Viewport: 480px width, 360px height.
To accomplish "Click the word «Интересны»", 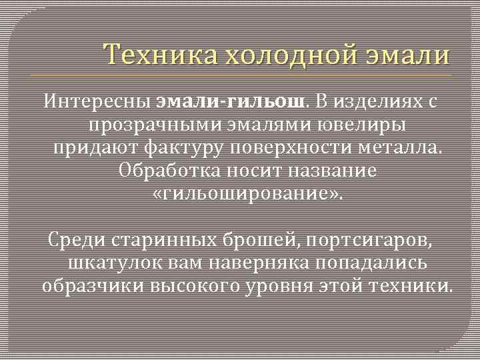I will (x=97, y=102).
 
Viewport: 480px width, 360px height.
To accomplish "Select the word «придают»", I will (x=93, y=147).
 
